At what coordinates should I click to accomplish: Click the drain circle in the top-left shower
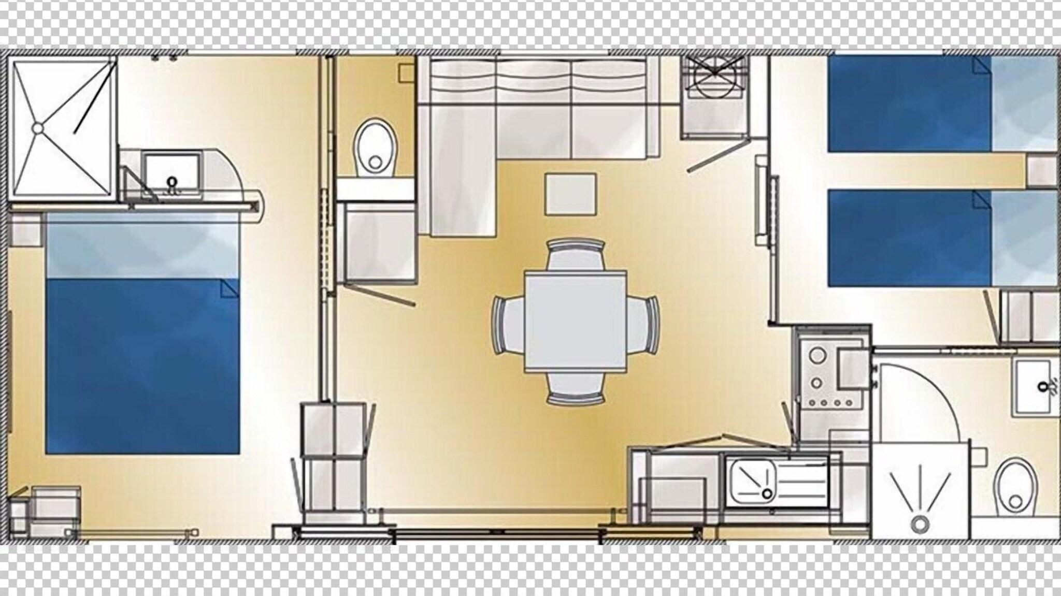click(x=38, y=127)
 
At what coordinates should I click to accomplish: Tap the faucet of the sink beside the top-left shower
click(x=171, y=184)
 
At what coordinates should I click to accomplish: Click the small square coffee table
click(x=570, y=194)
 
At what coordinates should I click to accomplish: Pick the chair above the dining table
click(x=576, y=254)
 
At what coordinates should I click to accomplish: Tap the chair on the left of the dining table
click(x=508, y=325)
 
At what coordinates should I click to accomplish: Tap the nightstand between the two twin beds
click(x=1041, y=170)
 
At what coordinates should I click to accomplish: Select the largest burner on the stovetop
click(x=818, y=356)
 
